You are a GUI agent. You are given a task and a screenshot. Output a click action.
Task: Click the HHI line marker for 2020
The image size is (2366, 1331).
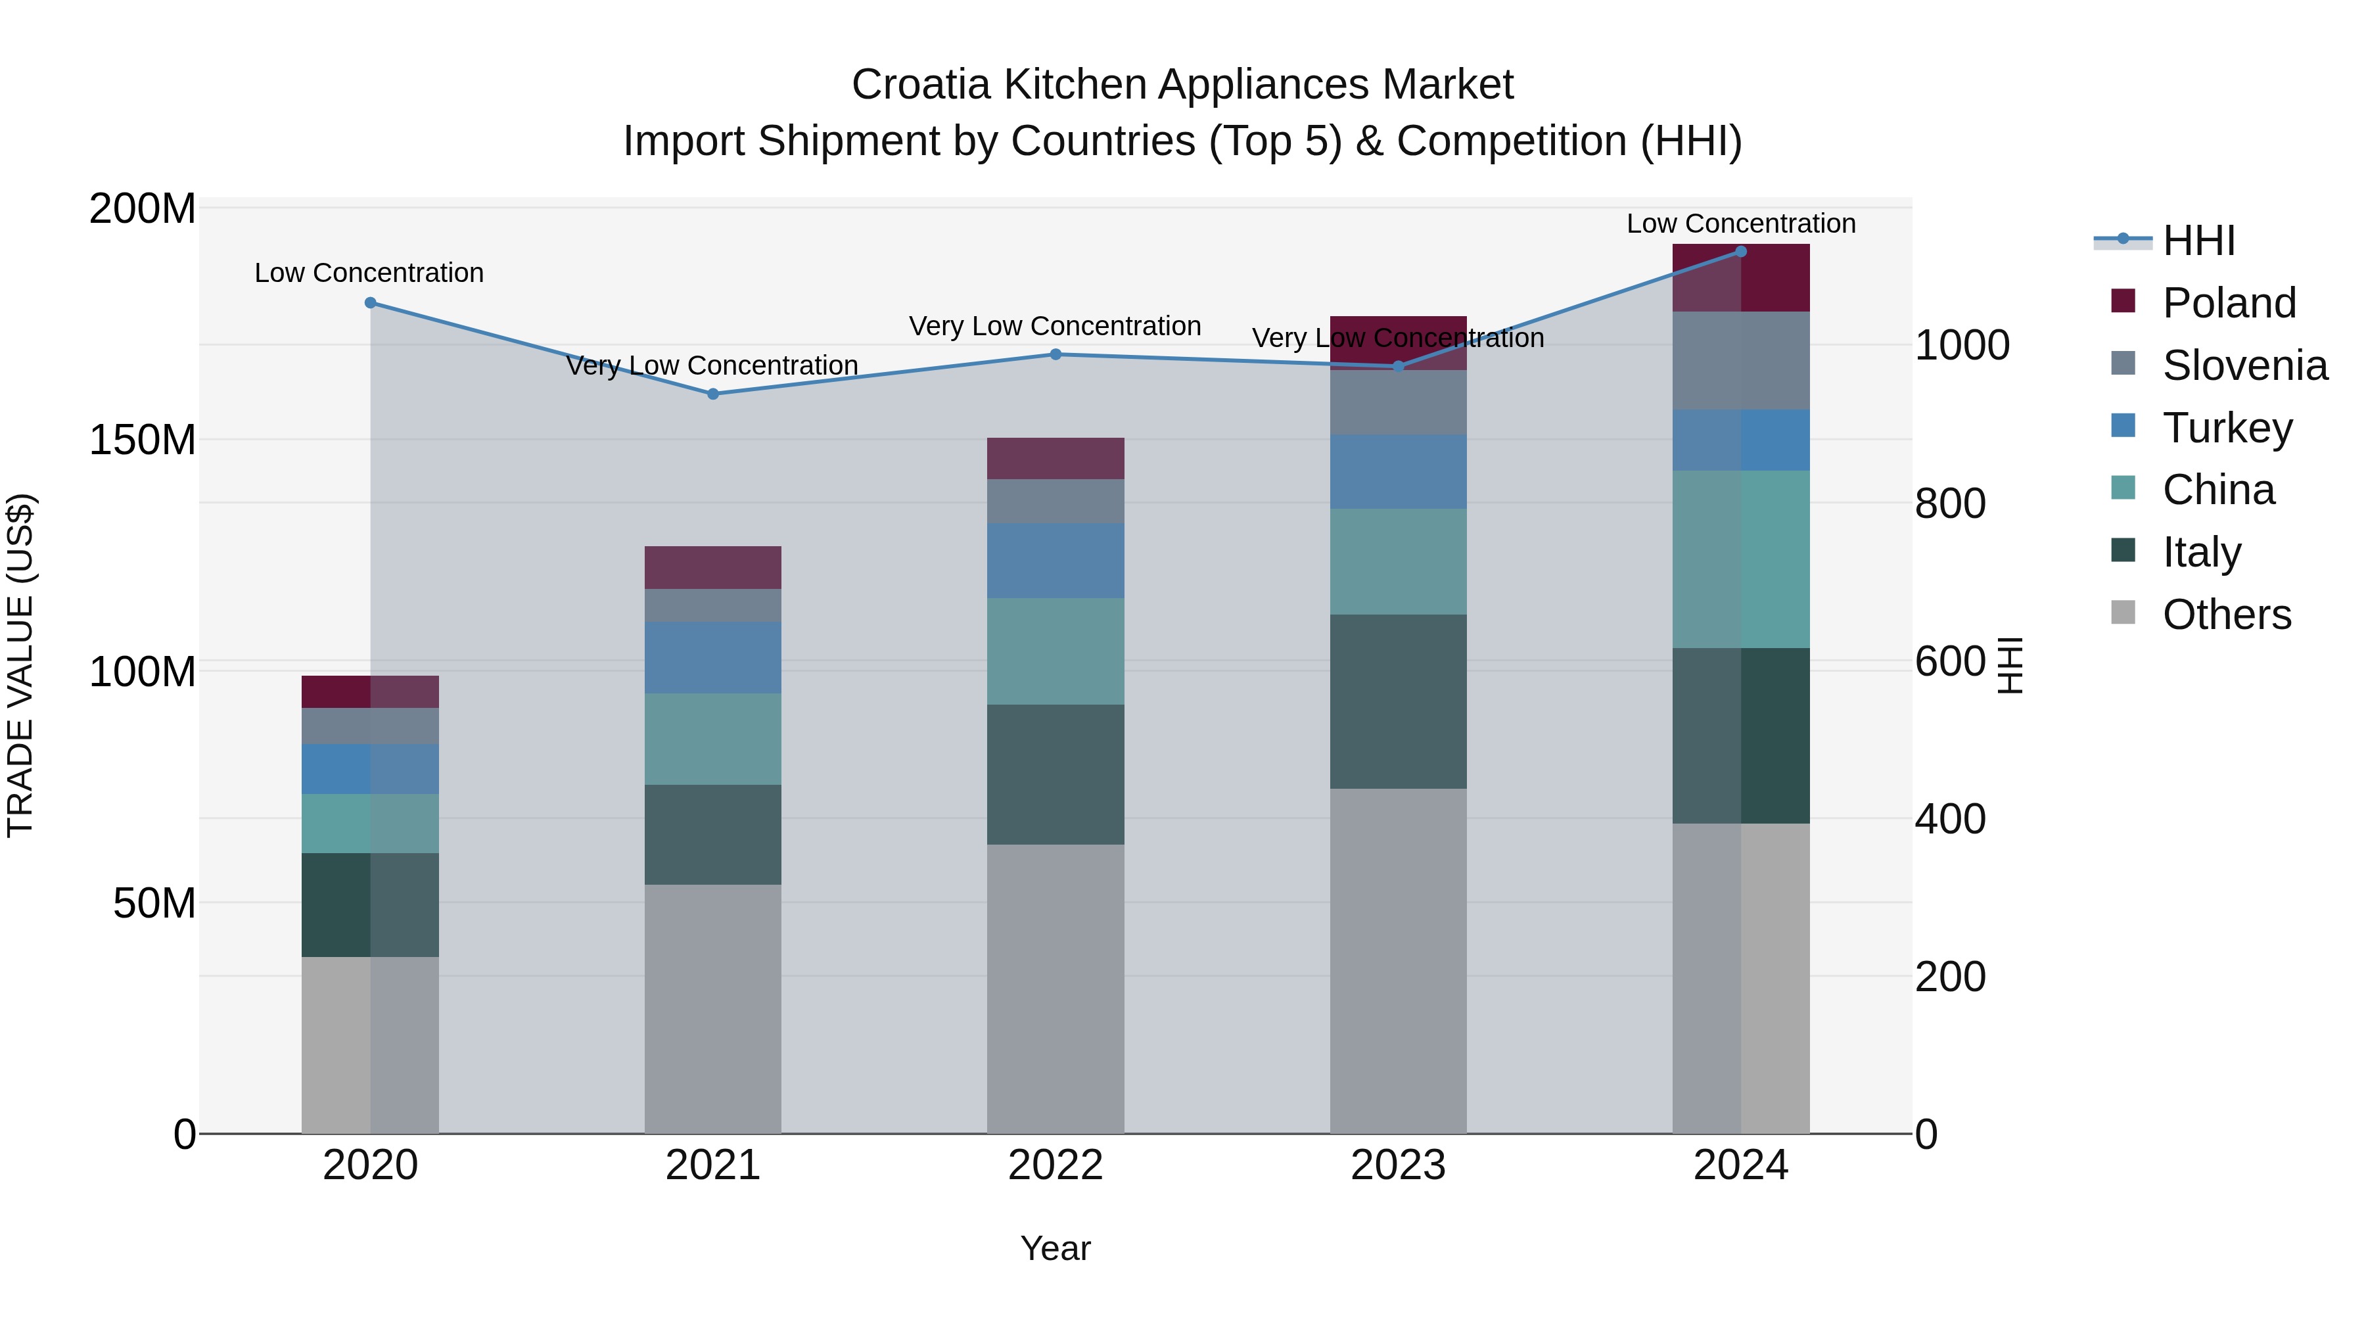[370, 303]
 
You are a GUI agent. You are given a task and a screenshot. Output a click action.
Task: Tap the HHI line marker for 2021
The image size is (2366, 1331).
[712, 394]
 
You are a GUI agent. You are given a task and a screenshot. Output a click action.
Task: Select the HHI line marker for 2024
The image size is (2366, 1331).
[1740, 252]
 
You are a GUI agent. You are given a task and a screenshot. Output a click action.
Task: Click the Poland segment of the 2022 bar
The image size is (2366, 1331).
[1055, 458]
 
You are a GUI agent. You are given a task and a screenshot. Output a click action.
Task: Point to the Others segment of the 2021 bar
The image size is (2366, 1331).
[712, 1008]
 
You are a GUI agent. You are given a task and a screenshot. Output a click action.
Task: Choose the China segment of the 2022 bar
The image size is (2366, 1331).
[1055, 651]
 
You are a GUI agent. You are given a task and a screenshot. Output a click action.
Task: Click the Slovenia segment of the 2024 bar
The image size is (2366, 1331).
[1740, 360]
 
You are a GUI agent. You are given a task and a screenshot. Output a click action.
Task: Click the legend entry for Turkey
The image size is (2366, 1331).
[2227, 428]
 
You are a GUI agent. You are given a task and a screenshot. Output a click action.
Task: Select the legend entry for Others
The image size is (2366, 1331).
[2227, 615]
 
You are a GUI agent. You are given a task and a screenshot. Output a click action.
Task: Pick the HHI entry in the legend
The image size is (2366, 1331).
[2198, 241]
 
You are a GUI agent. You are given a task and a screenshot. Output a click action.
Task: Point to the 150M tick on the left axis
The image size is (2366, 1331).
[143, 440]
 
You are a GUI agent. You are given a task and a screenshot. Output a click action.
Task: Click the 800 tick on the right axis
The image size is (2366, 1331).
[1950, 503]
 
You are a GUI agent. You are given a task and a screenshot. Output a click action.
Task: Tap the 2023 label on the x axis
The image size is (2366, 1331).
[1398, 1165]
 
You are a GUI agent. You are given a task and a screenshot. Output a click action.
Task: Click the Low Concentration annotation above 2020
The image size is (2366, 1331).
[369, 273]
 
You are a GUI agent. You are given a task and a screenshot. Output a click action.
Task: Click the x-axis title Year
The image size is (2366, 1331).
[1055, 1248]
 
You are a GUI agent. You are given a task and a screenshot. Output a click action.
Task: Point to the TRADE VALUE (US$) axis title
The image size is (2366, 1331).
[21, 665]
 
